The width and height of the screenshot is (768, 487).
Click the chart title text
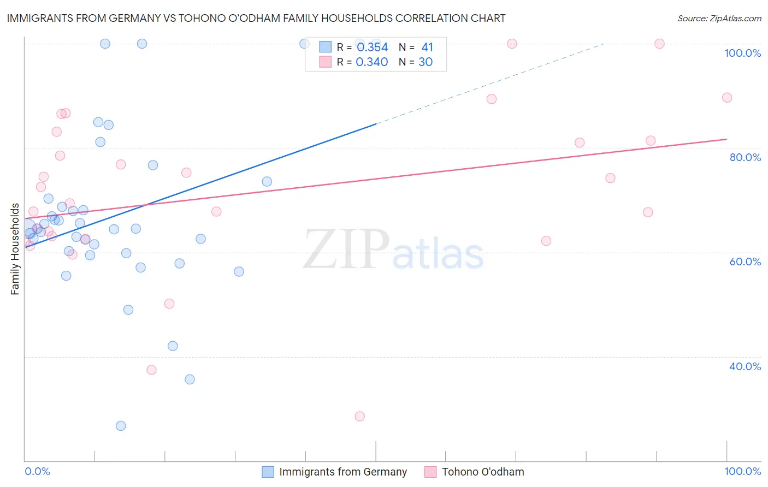pyautogui.click(x=256, y=18)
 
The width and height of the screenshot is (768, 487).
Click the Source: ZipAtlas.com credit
pyautogui.click(x=719, y=18)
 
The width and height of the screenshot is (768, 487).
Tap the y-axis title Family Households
pyautogui.click(x=15, y=249)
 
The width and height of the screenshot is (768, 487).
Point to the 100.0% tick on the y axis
pyautogui.click(x=742, y=53)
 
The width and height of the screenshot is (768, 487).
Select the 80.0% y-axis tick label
pyautogui.click(x=745, y=157)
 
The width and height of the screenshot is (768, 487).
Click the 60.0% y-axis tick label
pyautogui.click(x=745, y=262)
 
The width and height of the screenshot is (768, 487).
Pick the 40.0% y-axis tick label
pyautogui.click(x=745, y=366)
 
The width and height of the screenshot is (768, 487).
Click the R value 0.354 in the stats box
pyautogui.click(x=372, y=47)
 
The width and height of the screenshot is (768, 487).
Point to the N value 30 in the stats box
pyautogui.click(x=425, y=62)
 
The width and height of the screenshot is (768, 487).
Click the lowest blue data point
pyautogui.click(x=121, y=426)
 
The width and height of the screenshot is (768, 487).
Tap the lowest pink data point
pyautogui.click(x=359, y=416)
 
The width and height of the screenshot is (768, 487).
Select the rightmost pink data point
pyautogui.click(x=726, y=98)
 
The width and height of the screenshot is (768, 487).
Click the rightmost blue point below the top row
pyautogui.click(x=267, y=181)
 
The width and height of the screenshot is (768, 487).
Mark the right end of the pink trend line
pyautogui.click(x=726, y=139)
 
